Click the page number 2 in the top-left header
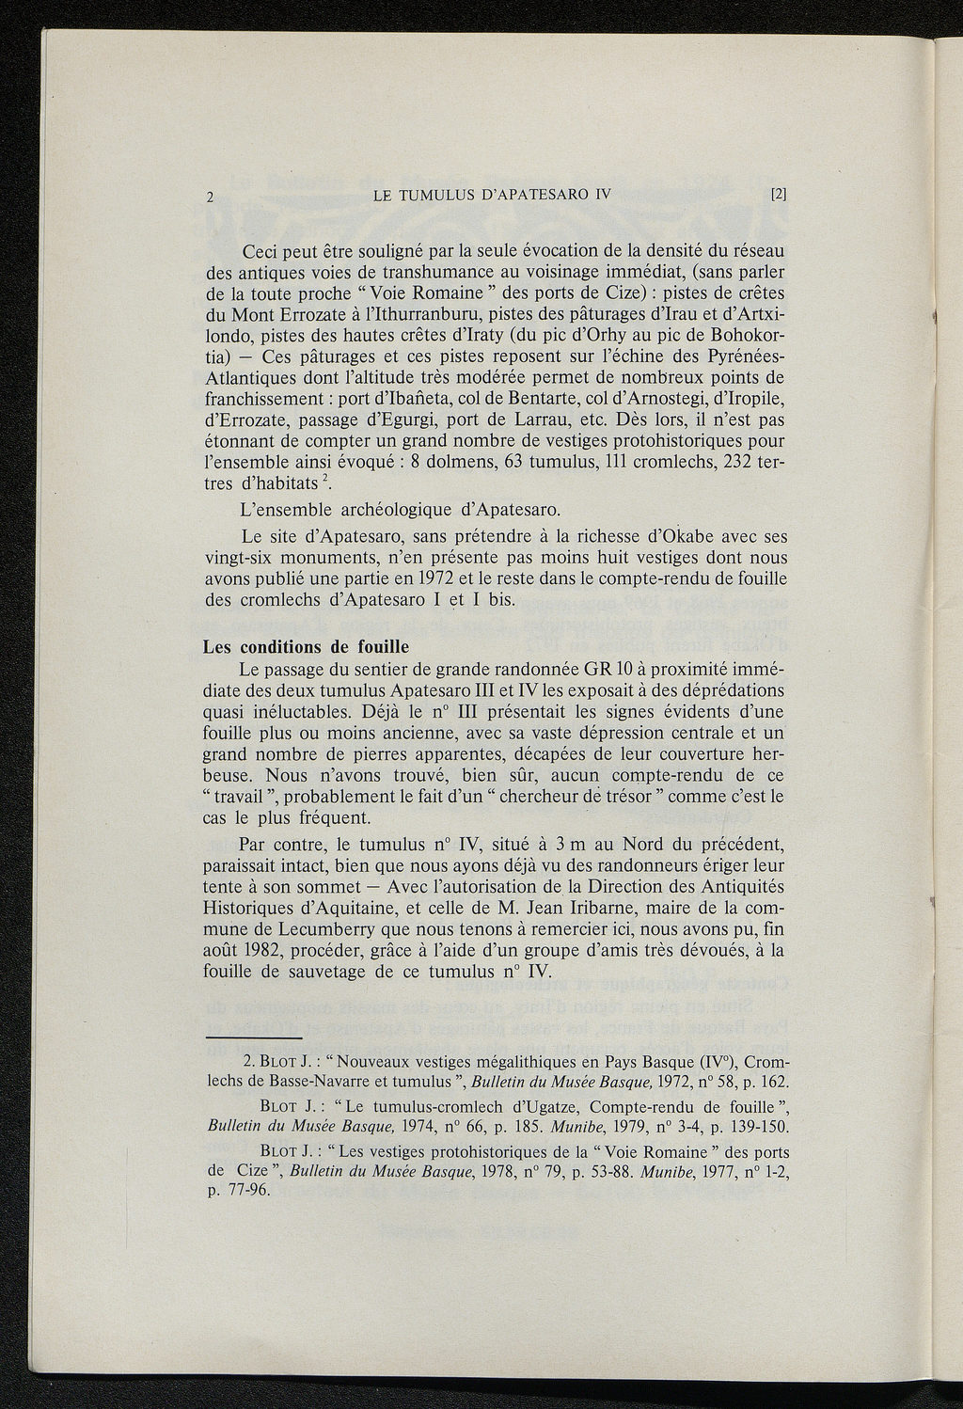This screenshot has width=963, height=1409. coord(212,198)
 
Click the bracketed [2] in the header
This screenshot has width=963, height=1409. coord(777,196)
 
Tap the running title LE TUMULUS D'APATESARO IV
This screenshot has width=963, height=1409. coord(492,196)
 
